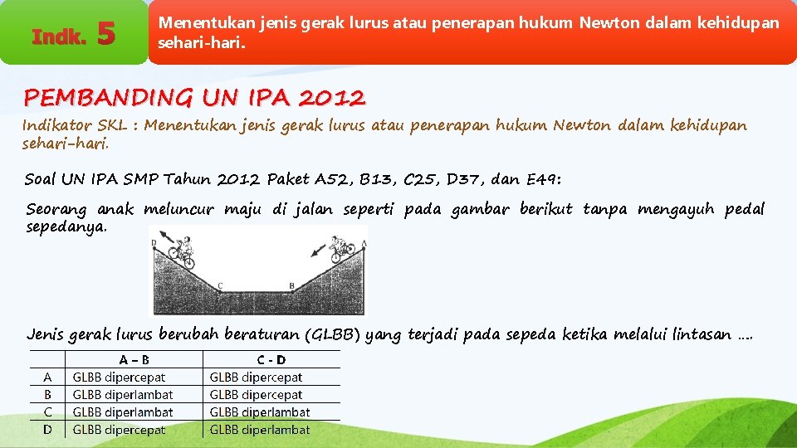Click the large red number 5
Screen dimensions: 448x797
[105, 35]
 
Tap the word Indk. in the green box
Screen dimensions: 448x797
[58, 37]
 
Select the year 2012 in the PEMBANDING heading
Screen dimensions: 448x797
[330, 98]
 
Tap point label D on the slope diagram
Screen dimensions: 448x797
[154, 243]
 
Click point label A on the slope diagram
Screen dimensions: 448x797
[364, 243]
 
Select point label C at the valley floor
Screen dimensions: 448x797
[220, 286]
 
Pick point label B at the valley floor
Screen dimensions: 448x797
[291, 285]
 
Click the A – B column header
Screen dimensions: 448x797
[134, 360]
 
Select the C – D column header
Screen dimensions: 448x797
[271, 360]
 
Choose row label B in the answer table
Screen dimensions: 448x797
[47, 395]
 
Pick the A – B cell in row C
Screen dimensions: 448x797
[123, 412]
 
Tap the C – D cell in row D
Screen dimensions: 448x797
[259, 430]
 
